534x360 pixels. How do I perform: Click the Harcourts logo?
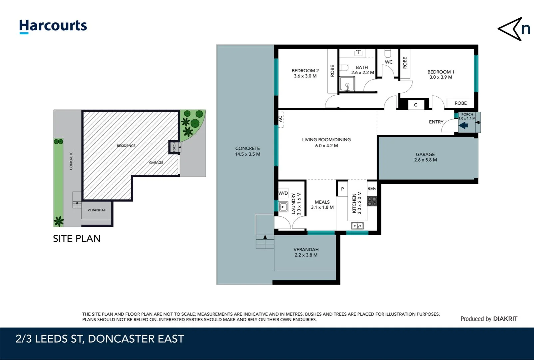(53, 26)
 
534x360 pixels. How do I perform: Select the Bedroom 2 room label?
(305, 71)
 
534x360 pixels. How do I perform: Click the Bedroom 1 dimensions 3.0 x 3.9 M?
(441, 77)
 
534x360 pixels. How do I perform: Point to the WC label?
(389, 62)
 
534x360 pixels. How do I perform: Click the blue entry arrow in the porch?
(463, 126)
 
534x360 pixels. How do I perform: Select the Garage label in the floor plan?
(425, 154)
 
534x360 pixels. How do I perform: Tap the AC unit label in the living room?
(280, 119)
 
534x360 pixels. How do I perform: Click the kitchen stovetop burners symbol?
(372, 201)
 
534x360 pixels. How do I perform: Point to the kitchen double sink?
(357, 226)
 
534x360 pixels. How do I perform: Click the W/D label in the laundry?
(283, 193)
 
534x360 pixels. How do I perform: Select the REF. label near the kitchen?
(371, 188)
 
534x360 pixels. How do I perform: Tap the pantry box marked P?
(342, 189)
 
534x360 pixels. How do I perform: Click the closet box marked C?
(415, 105)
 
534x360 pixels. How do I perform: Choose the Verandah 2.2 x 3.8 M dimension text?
(306, 255)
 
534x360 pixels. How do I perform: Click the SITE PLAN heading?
(77, 239)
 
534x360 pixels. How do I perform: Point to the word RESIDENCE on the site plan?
(126, 146)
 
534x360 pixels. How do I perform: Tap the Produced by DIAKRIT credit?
(489, 319)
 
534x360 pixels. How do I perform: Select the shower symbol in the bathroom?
(347, 84)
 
